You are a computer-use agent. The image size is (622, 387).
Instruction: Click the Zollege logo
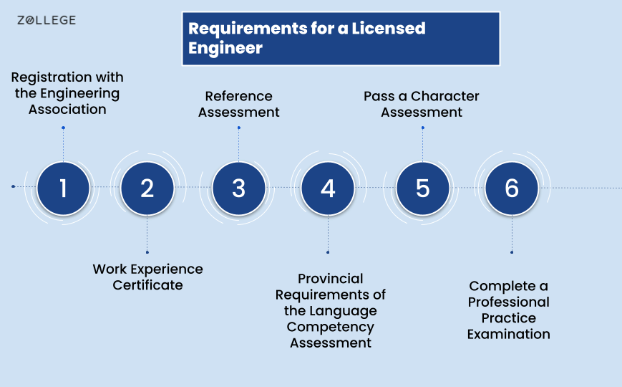point(47,20)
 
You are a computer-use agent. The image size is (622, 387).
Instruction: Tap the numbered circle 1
point(64,188)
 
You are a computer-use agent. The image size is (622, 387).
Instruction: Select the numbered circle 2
point(147,188)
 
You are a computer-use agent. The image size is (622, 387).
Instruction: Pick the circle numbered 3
point(239,188)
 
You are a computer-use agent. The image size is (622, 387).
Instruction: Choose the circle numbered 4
point(328,188)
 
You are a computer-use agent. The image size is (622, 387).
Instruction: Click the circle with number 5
point(423,188)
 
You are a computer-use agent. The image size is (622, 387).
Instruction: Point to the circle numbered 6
point(512,188)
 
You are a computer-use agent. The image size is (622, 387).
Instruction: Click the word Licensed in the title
point(389,28)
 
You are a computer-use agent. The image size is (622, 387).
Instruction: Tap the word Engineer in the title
point(225,49)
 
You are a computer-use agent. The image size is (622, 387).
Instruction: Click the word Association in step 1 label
point(67,109)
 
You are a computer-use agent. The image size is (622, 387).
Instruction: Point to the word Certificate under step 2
point(147,285)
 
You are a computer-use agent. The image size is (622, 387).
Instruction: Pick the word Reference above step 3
point(239,96)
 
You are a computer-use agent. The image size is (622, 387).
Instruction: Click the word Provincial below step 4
point(331,279)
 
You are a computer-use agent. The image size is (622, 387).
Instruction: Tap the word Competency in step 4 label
point(331,327)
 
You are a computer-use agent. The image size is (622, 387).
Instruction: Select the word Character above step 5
point(445,96)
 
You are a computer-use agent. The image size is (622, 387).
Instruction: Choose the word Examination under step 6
point(508,334)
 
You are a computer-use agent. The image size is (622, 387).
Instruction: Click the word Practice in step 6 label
point(508,318)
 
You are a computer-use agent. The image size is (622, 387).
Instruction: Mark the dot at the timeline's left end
point(13,186)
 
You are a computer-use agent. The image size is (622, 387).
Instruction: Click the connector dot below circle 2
point(147,252)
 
